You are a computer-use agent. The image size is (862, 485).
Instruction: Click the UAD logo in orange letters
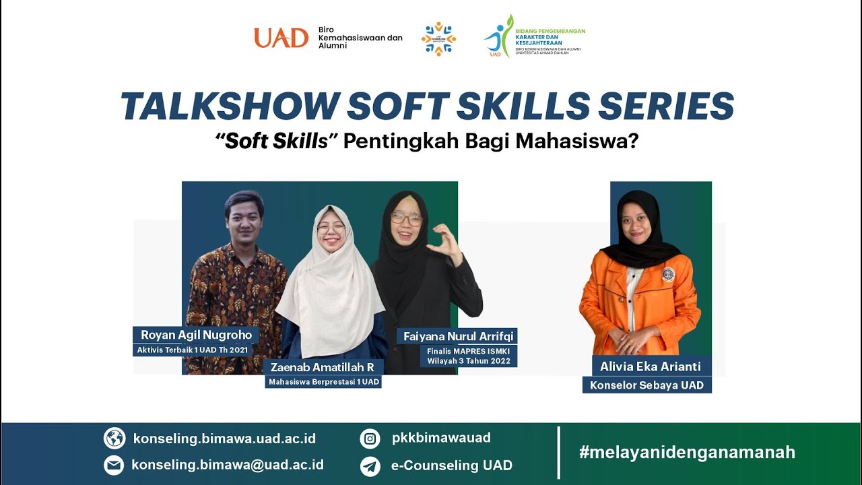coord(281,38)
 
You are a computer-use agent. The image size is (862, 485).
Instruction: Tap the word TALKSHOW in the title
coord(228,106)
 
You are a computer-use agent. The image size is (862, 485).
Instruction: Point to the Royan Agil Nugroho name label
coord(196,335)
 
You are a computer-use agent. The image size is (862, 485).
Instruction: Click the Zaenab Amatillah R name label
coord(323,367)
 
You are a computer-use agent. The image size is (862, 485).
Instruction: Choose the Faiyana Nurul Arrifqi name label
coord(459,336)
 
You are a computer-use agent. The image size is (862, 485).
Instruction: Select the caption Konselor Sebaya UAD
coord(646,385)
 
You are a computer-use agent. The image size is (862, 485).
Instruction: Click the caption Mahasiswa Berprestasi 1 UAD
coord(324,382)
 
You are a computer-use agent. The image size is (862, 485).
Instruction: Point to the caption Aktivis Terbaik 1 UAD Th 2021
coord(193,350)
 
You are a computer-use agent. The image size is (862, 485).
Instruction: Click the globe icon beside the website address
coord(114,439)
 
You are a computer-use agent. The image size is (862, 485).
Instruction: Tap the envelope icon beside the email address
coord(114,465)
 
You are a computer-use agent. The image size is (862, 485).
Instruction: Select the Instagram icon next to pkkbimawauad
coord(370,439)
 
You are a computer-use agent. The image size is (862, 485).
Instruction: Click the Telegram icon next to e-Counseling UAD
coord(370,466)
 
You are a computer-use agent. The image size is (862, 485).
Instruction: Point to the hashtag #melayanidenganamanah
coord(687,452)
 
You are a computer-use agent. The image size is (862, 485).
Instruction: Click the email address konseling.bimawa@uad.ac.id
coord(228,465)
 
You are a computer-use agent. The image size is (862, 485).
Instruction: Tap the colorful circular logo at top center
coord(438,38)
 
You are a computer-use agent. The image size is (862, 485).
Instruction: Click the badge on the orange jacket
coord(668,273)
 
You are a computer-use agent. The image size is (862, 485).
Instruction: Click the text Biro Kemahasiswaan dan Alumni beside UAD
coord(360,38)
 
